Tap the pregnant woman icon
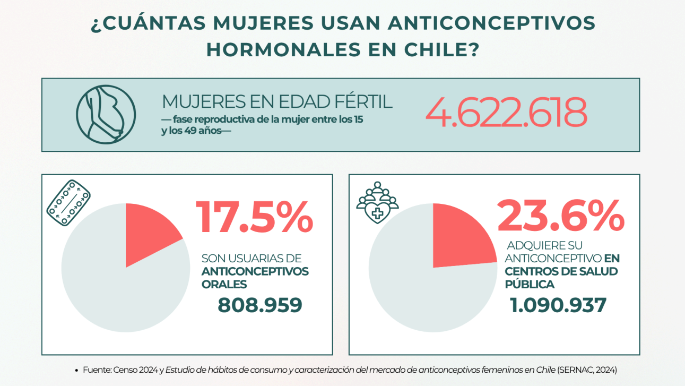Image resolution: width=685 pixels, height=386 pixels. coord(106,114)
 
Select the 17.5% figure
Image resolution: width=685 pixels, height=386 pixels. coord(255,218)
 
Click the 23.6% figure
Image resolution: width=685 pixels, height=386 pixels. coord(560,216)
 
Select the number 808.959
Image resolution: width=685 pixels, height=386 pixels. coord(260,305)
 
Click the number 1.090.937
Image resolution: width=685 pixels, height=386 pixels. coord(558,305)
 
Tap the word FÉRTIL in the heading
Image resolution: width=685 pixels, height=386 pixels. coord(361,101)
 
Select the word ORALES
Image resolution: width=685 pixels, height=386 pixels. coord(224,285)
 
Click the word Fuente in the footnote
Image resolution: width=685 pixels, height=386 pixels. coord(97,369)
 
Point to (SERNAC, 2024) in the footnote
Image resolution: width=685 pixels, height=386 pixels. coord(587,369)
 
